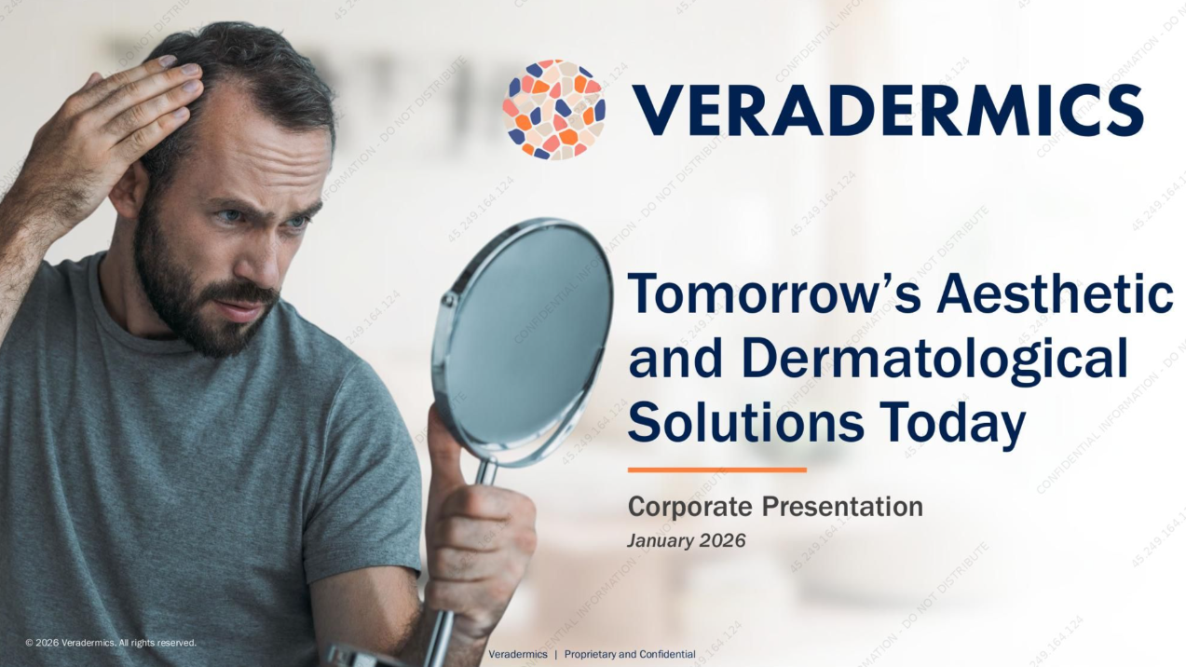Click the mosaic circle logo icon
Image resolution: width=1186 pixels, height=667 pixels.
(553, 110)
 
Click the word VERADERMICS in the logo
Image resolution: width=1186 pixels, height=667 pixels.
(888, 110)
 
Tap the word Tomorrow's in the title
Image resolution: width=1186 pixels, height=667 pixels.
(772, 295)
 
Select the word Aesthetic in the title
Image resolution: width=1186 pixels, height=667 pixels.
(1055, 295)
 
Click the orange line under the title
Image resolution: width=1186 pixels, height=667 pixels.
(716, 470)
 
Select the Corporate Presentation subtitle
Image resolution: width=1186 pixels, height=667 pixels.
(775, 507)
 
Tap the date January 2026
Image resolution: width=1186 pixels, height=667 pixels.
(687, 540)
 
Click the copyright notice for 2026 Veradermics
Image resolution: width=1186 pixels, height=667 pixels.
(111, 643)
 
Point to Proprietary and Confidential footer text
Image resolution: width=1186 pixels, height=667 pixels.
(630, 654)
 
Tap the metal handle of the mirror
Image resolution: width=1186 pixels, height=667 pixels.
(445, 615)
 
